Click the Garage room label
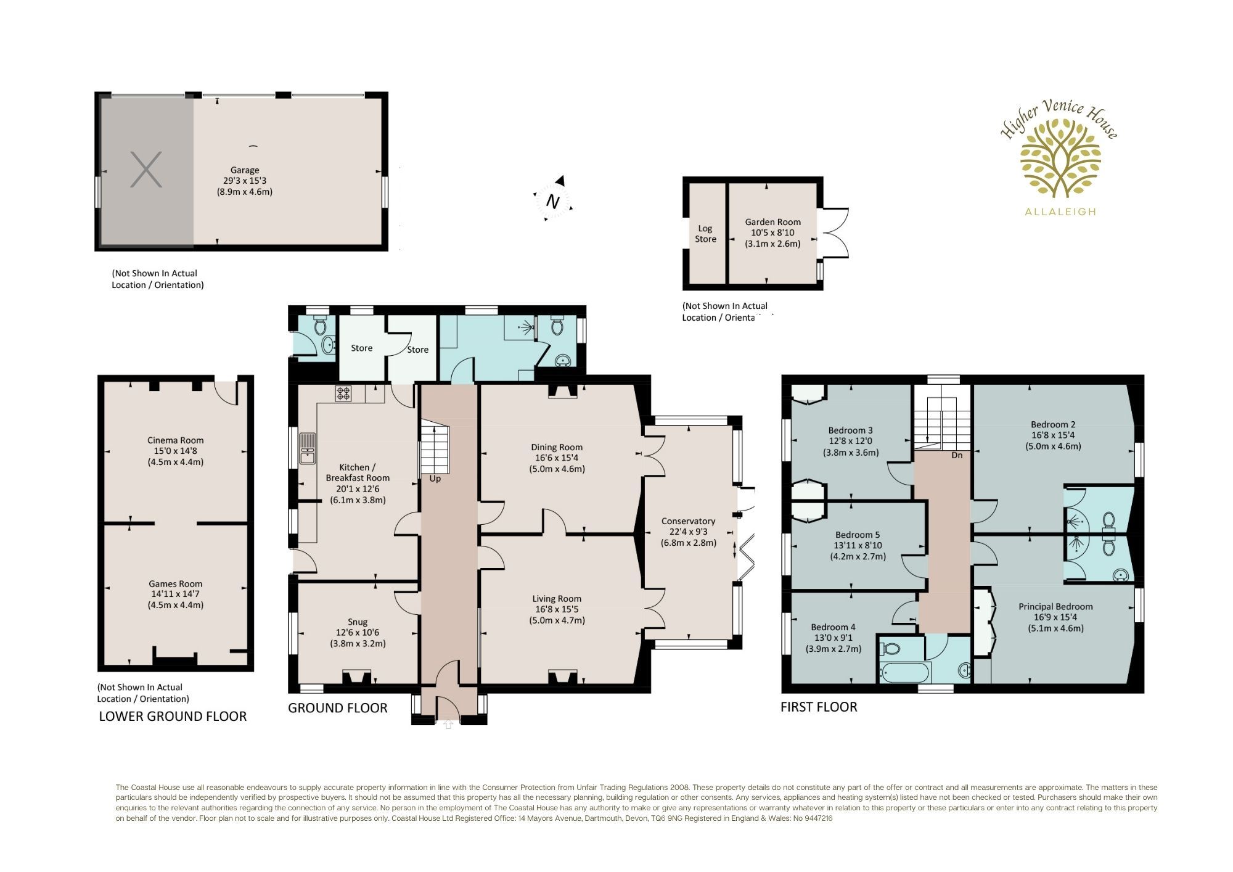coord(245,170)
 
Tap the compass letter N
coord(553,202)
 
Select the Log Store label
coord(705,234)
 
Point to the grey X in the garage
coord(146,170)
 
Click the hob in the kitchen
coord(343,393)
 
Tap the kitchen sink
coord(307,448)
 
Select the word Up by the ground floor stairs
coord(435,479)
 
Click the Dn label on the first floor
coord(957,455)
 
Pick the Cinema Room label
coord(175,440)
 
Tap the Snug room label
coord(358,622)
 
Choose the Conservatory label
coord(688,521)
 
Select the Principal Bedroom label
coord(1055,606)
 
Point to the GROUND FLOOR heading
coord(338,708)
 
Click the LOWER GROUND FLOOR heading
coord(173,716)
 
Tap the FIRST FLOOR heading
coord(819,707)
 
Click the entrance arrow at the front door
coord(448,725)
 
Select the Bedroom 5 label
coord(858,535)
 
